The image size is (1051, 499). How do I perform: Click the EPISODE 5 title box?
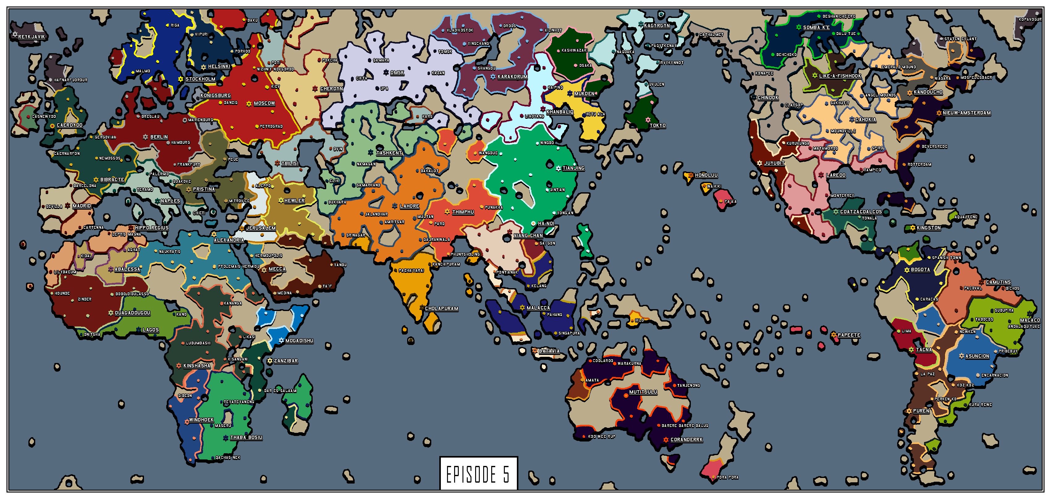[x=478, y=474]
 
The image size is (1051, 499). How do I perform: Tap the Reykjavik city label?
[x=32, y=37]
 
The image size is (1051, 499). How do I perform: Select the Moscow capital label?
[x=264, y=103]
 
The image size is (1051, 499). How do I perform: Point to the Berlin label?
[x=159, y=137]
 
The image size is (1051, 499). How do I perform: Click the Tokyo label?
[x=658, y=125]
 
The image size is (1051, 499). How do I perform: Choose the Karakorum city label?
[x=513, y=77]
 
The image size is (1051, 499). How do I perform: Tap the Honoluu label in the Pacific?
[x=706, y=175]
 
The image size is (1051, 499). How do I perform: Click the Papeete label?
[x=849, y=335]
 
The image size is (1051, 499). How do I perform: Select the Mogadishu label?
[x=299, y=341]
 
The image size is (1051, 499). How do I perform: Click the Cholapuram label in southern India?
[x=441, y=309]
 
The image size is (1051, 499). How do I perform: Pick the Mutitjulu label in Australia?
[x=643, y=392]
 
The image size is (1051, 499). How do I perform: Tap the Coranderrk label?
[x=687, y=440]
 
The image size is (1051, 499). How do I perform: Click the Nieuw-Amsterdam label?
[x=967, y=113]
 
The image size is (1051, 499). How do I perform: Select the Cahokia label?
[x=865, y=120]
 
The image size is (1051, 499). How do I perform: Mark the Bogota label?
[x=920, y=270]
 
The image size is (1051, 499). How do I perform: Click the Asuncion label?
[x=977, y=356]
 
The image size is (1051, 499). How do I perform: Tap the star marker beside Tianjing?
[x=559, y=168]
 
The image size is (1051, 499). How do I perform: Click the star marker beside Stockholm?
[x=180, y=79]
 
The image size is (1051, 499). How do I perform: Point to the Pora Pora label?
[x=728, y=477]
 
